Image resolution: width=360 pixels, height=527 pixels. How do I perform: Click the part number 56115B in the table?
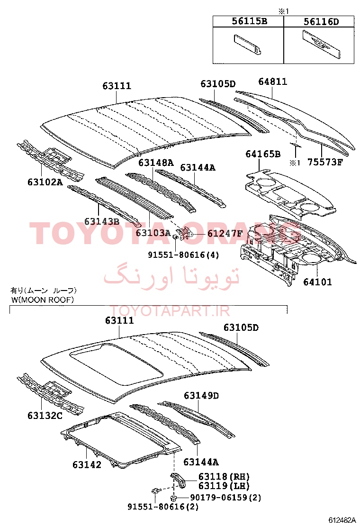point(250,21)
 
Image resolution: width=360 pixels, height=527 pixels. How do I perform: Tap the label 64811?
point(273,82)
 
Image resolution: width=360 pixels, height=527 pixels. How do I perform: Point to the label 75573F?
point(325,163)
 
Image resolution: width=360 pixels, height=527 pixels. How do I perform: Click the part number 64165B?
point(263,154)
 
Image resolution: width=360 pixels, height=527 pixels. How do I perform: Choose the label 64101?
point(318,282)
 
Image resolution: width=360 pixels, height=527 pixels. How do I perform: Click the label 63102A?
point(45,182)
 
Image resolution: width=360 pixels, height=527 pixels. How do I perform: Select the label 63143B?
point(102,221)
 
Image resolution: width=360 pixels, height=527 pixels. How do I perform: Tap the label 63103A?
point(153,233)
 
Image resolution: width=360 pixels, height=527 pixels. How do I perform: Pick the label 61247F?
point(225,233)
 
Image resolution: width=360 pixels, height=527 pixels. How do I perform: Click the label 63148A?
point(156,163)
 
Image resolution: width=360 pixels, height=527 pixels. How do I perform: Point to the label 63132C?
point(45,416)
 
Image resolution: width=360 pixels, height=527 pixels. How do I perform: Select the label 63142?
point(87,465)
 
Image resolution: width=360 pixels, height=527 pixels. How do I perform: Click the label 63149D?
point(201,396)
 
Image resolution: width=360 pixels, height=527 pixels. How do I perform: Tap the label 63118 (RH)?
point(224,477)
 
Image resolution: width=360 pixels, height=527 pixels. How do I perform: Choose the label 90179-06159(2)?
point(225,498)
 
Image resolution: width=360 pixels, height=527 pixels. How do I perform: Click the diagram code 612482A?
point(342,520)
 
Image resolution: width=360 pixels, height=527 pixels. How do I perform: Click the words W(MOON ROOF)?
point(42,300)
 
